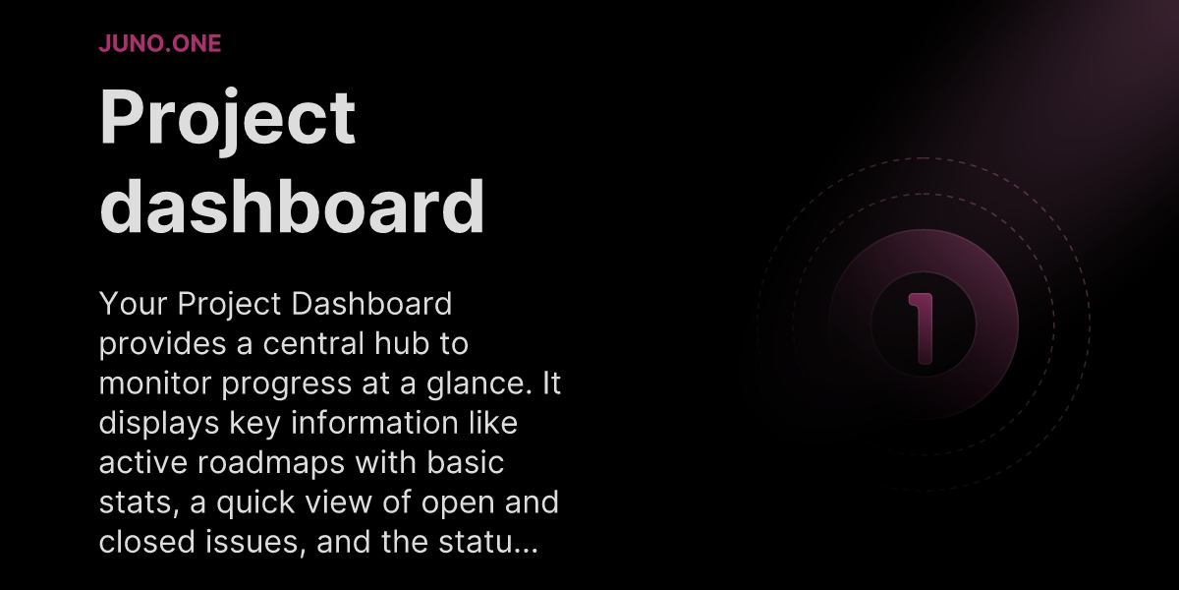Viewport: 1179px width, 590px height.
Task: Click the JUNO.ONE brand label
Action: coord(160,43)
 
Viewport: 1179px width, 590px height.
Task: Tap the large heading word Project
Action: coord(227,118)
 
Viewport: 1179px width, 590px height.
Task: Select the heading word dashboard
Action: coord(293,206)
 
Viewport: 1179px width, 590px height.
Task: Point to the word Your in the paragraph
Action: coord(134,305)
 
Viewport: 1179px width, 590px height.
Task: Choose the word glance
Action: coord(485,384)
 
